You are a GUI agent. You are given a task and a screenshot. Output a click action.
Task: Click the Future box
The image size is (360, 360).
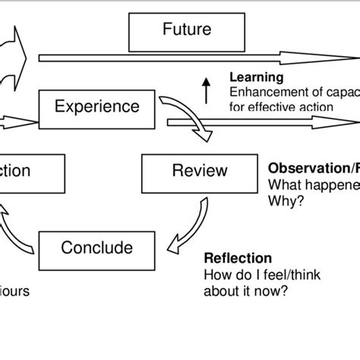[186, 31]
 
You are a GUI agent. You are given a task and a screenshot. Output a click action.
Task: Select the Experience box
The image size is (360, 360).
[97, 106]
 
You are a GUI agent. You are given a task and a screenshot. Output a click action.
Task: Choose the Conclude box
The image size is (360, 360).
[96, 248]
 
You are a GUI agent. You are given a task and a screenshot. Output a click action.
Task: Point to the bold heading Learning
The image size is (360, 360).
[257, 77]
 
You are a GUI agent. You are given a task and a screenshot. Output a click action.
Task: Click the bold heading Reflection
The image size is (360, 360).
[238, 258]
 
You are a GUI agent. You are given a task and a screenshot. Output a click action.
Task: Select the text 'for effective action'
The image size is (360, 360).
[281, 107]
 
